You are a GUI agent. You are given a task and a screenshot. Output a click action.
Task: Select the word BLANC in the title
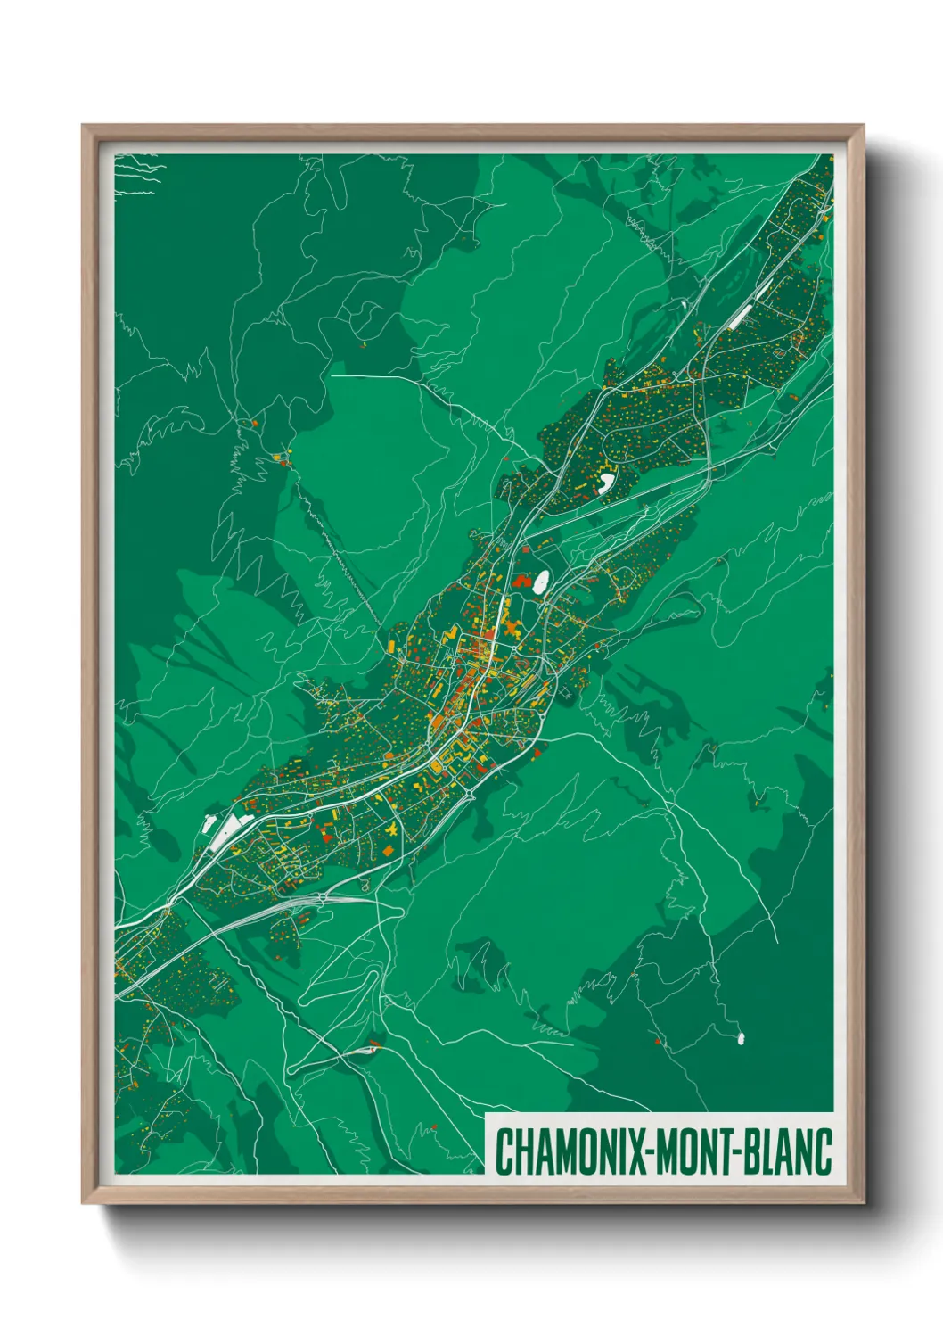pos(789,1151)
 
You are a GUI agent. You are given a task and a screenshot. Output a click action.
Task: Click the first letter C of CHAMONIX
pos(504,1151)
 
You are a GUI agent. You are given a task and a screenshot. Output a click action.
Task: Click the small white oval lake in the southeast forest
pos(741,1038)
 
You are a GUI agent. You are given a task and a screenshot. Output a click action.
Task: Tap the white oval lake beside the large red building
pos(540,582)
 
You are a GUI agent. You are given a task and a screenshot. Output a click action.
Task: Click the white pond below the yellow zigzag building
pos(606,483)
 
